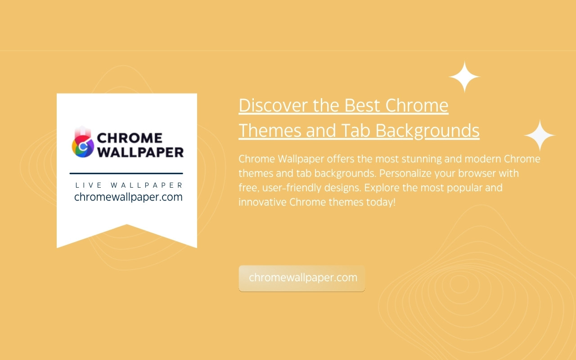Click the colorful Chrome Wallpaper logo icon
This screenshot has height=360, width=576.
coord(83,142)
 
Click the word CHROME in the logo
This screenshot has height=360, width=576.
coord(130,138)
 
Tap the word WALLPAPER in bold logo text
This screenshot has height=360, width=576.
coord(140,152)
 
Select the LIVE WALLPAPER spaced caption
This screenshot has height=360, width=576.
coord(129,185)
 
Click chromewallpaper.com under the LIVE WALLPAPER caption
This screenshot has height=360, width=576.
coord(128,197)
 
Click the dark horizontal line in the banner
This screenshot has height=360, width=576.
coord(126,174)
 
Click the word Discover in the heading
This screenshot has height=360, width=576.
coord(273,105)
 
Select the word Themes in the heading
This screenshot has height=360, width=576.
coord(270,130)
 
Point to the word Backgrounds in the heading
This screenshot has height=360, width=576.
coord(427,131)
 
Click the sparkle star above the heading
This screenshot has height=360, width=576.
coord(464,76)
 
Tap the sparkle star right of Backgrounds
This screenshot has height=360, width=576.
coord(540,135)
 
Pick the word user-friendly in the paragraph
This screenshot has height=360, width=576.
coord(292,188)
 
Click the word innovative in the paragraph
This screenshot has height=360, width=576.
coord(262,202)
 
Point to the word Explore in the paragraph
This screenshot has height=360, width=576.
coord(382,188)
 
